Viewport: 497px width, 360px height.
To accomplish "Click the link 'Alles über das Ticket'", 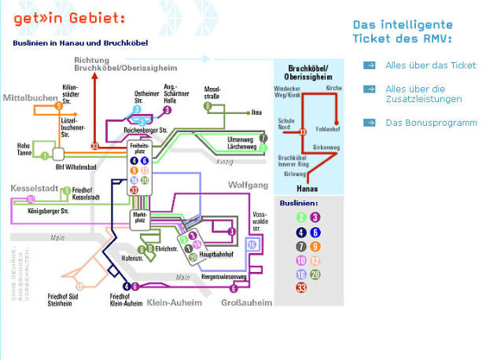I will click(431, 65).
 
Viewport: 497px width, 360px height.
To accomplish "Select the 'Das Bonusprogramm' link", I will click(431, 123).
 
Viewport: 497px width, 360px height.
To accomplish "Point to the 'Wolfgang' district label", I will click(248, 186).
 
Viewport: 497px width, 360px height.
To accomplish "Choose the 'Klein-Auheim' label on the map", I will click(174, 302).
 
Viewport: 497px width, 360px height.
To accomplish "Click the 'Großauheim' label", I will click(246, 302).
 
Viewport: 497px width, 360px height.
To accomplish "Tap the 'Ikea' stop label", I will click(256, 113).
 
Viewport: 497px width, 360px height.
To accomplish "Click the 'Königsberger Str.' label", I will click(49, 211).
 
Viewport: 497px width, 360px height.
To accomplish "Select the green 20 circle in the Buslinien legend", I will click(315, 274).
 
